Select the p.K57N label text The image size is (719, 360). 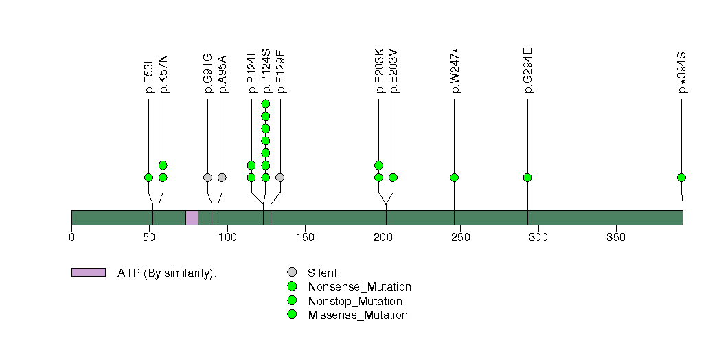point(163,74)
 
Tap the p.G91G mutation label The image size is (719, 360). point(207,73)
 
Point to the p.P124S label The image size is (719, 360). point(266,71)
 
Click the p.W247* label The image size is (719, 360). point(455,71)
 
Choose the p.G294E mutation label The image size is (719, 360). point(528,70)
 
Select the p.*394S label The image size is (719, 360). point(682,72)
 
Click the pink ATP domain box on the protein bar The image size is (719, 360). point(192,218)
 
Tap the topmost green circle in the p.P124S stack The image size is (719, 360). point(266,104)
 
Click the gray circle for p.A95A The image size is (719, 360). point(222,177)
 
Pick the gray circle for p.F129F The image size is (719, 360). point(280,177)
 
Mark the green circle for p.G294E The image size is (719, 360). point(527,177)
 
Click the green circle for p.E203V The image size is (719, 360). point(393,177)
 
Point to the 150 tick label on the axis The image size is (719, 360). point(305,237)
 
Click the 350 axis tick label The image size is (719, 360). point(616,237)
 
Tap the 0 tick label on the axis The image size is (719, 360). point(71,237)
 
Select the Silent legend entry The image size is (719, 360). point(322,273)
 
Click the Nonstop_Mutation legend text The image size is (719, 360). point(355,302)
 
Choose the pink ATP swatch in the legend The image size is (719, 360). point(89,273)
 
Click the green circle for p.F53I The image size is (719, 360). point(148,177)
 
